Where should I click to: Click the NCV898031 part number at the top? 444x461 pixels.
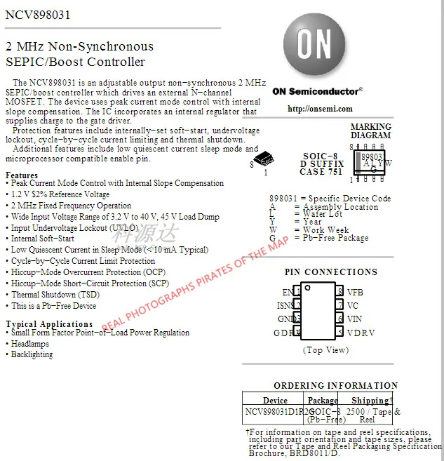(38, 15)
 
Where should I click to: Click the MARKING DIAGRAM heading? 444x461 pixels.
(370, 131)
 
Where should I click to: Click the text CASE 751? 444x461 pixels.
(321, 172)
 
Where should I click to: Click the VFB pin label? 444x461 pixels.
(355, 292)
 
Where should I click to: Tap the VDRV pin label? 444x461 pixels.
(361, 333)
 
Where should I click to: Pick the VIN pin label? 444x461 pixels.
(356, 319)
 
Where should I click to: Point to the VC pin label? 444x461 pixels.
(353, 305)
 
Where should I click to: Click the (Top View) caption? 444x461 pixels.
(325, 349)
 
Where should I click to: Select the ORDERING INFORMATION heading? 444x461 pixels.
(335, 385)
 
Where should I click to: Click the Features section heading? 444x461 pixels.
(22, 175)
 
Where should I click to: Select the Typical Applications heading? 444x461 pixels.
(49, 324)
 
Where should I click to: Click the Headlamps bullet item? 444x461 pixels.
(32, 344)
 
